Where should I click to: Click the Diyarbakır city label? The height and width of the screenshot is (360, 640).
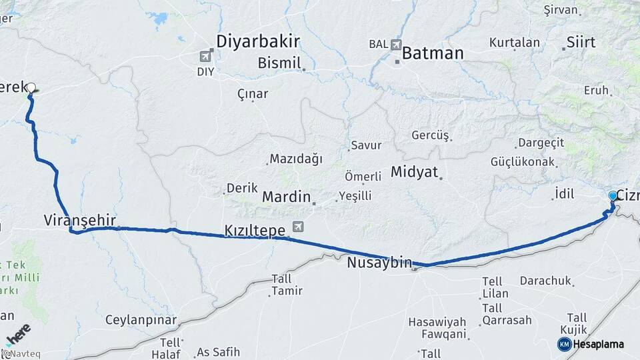pyautogui.click(x=257, y=41)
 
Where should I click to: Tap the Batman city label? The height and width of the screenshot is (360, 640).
pyautogui.click(x=433, y=53)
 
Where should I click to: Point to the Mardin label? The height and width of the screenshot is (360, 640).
pyautogui.click(x=286, y=197)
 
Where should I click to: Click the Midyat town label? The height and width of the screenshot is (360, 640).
pyautogui.click(x=414, y=172)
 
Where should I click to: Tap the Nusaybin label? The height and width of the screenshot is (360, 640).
pyautogui.click(x=379, y=263)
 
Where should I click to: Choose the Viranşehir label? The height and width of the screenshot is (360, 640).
pyautogui.click(x=80, y=220)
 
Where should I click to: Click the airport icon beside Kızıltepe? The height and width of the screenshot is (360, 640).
pyautogui.click(x=297, y=227)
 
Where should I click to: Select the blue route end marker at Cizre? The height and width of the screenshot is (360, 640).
pyautogui.click(x=613, y=196)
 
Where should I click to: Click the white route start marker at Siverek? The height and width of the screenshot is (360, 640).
pyautogui.click(x=31, y=87)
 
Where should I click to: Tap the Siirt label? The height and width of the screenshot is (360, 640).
pyautogui.click(x=581, y=43)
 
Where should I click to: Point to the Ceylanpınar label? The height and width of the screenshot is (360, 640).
pyautogui.click(x=141, y=320)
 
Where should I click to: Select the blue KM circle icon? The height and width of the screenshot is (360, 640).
pyautogui.click(x=564, y=344)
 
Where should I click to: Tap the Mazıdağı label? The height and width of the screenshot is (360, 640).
pyautogui.click(x=295, y=159)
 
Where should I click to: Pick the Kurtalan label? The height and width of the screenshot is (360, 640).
pyautogui.click(x=514, y=42)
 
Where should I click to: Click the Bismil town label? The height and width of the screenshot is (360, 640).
pyautogui.click(x=281, y=63)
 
